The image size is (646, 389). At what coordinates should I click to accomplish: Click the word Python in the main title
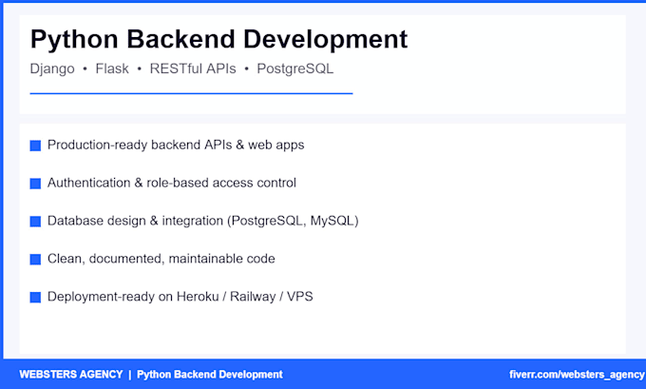[x=74, y=41]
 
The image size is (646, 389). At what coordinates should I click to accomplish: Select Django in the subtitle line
[x=52, y=69]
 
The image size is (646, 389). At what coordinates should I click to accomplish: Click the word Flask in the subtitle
[x=112, y=68]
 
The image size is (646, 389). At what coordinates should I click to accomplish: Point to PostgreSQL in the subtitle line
[x=295, y=69]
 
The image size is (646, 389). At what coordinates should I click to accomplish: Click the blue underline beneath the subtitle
[x=191, y=93]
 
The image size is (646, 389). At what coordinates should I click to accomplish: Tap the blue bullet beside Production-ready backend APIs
[x=35, y=146]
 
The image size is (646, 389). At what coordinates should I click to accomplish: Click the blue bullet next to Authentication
[x=35, y=184]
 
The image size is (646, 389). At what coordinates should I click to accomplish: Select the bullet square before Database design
[x=35, y=222]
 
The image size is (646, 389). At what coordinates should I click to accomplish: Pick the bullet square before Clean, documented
[x=35, y=260]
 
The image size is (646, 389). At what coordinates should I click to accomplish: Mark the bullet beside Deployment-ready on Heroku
[x=35, y=298]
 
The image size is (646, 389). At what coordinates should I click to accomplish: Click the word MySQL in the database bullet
[x=332, y=221]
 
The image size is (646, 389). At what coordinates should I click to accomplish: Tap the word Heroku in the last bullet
[x=198, y=297]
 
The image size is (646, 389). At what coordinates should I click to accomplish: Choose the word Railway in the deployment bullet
[x=253, y=297]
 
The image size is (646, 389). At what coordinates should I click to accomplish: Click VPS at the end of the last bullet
[x=300, y=297]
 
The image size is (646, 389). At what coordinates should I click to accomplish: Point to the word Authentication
[x=88, y=183]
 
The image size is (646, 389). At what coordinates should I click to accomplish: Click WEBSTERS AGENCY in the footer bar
[x=71, y=375]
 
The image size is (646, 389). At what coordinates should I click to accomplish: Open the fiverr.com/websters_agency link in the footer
[x=577, y=375]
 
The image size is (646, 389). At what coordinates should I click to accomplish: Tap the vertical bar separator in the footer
[x=130, y=375]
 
